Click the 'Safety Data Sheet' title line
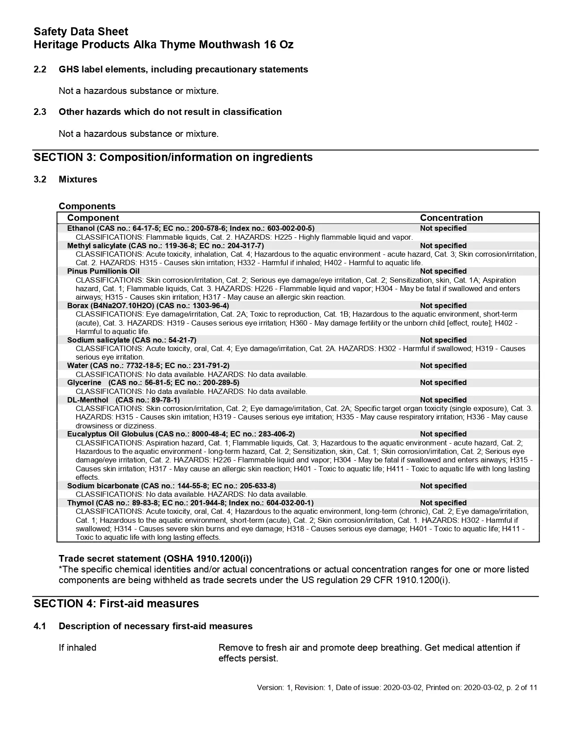(81, 32)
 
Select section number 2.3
(40, 112)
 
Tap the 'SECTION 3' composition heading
(173, 157)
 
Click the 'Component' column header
(93, 218)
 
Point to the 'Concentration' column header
(451, 218)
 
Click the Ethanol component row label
(190, 229)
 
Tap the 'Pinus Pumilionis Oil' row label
(103, 271)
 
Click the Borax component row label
(148, 306)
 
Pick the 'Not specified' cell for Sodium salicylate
(443, 340)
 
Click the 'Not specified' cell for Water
(443, 366)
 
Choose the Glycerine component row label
(153, 383)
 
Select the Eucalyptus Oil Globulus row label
(180, 434)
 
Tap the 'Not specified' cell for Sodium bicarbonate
(443, 486)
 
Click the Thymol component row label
(190, 503)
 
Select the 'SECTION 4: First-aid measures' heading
(116, 604)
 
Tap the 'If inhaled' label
(77, 648)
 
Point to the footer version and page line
(396, 688)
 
